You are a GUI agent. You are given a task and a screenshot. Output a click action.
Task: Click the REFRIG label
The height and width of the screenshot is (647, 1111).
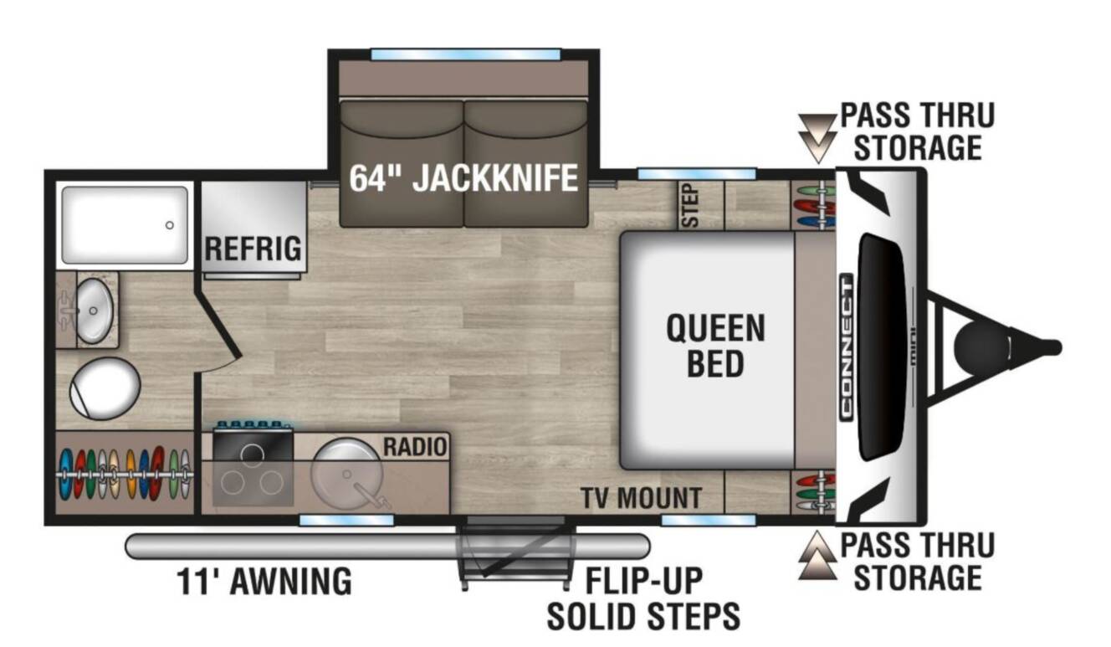pos(253,249)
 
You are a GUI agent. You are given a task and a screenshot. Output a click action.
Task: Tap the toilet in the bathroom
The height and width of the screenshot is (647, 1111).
pos(105,388)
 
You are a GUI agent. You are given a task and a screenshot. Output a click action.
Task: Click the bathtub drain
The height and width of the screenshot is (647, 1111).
pos(170,225)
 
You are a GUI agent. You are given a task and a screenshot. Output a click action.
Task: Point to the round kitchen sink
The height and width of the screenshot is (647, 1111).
pos(346,473)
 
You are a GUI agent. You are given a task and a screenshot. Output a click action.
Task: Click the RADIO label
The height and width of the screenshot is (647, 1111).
pos(415,447)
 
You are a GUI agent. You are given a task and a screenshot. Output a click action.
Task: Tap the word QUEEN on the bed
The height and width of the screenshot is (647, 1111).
pos(715,328)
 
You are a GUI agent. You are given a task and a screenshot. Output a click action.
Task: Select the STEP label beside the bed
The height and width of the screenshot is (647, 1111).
pos(690,205)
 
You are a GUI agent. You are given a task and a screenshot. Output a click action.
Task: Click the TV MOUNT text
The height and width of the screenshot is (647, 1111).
pos(642,498)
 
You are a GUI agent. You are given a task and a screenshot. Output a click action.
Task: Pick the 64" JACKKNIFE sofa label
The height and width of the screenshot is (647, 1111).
pos(463,178)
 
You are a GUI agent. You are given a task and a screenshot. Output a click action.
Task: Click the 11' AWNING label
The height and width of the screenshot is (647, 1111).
pos(264,581)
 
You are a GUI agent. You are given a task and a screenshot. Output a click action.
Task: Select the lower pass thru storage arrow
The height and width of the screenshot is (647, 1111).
pos(817,555)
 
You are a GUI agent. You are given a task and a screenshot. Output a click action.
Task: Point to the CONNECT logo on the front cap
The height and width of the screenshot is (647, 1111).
pos(846,347)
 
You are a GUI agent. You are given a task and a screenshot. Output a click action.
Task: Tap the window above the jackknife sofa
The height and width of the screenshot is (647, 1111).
pos(466,54)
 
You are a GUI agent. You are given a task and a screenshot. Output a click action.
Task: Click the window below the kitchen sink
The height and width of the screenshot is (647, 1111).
pos(346,520)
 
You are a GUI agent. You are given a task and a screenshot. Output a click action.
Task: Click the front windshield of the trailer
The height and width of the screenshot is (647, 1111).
pos(882,347)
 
